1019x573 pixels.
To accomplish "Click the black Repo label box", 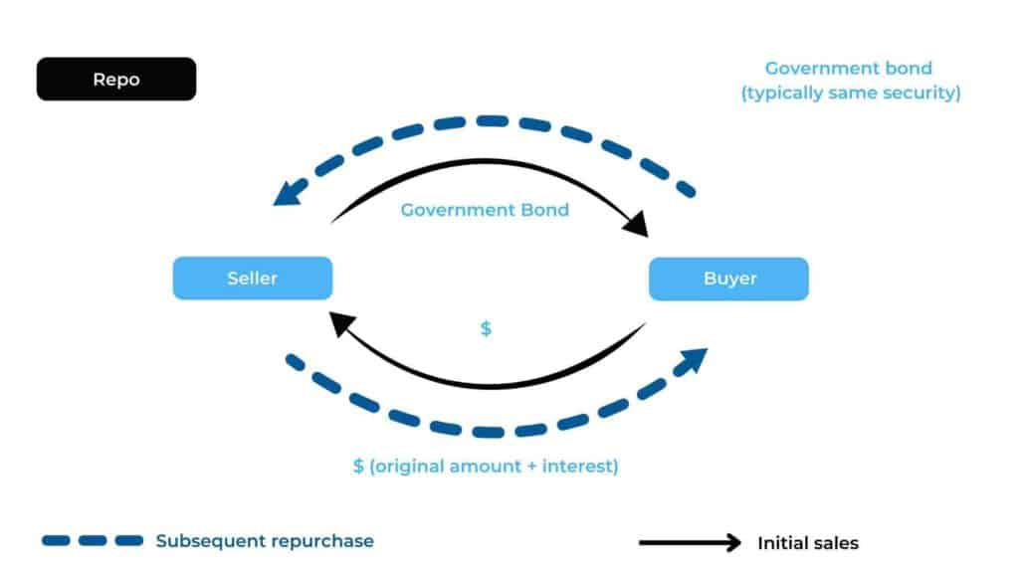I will click(x=116, y=80).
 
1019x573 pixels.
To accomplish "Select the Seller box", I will click(x=252, y=279).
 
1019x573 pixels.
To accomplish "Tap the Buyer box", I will click(x=728, y=279).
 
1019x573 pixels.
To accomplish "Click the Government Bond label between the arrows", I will click(x=485, y=210).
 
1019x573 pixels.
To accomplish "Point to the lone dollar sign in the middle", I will click(x=486, y=328).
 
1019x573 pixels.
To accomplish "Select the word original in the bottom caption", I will click(x=408, y=466).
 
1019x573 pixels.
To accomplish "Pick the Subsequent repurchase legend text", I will click(x=264, y=541).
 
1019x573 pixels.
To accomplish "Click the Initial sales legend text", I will click(x=807, y=543).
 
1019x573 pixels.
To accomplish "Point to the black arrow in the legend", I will click(x=690, y=543).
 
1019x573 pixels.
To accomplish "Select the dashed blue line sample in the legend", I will click(x=93, y=541).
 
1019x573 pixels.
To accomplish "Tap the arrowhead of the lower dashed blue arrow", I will click(x=694, y=361).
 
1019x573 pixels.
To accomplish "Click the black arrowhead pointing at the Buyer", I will click(x=636, y=226).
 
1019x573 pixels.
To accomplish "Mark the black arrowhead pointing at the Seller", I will click(x=342, y=324).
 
